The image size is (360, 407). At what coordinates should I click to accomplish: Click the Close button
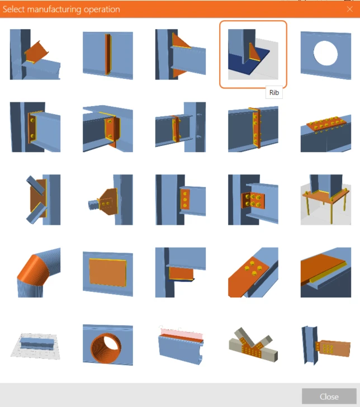coord(329,396)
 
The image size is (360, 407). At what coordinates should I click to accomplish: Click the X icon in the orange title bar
coord(349,9)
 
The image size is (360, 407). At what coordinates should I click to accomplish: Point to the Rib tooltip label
coord(274,93)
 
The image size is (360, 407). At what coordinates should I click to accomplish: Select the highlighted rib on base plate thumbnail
coord(253,54)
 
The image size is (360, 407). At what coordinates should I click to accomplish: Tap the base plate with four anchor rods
coord(326,200)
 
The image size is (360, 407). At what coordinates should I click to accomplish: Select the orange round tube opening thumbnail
coord(108,345)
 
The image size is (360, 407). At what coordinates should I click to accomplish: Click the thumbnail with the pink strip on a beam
coord(181,345)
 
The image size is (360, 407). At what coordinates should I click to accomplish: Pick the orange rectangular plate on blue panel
coord(108,272)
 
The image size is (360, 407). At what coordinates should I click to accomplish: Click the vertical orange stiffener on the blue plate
coord(108,54)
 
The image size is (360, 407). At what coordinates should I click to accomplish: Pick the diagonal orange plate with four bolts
coord(253,272)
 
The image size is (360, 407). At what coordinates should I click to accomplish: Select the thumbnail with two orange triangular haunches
coord(181,54)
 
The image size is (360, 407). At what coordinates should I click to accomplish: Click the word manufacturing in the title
coord(54,10)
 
